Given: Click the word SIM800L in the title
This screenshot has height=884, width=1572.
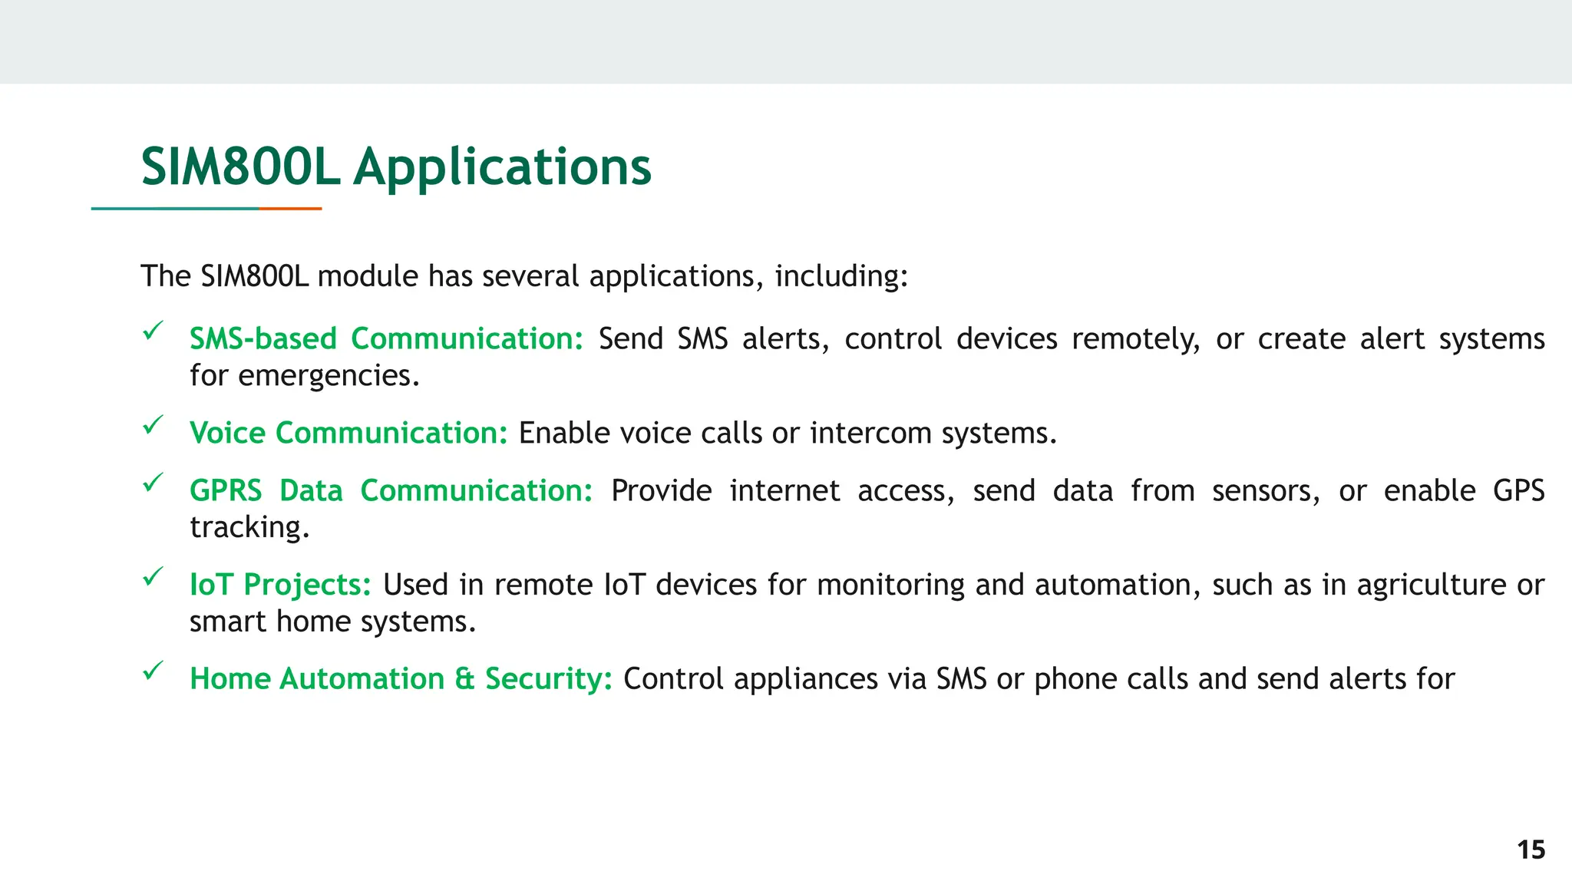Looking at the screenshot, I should pos(239,167).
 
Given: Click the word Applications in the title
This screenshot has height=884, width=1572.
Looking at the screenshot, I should pos(502,168).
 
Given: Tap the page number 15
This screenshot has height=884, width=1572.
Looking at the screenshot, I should pos(1531,849).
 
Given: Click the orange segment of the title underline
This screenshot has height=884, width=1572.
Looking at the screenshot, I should pos(290,208).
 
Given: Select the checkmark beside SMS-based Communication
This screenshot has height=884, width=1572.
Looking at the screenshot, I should pos(154,331).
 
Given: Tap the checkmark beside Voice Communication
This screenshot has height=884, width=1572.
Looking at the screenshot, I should pos(154,425).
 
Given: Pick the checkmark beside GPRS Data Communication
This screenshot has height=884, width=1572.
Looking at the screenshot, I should pos(154,483).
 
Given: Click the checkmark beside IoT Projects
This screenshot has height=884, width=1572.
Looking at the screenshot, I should pos(154,576).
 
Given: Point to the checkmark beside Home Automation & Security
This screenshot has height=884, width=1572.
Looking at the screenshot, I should pos(154,671).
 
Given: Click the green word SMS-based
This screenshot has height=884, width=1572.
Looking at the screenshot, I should pos(263,338).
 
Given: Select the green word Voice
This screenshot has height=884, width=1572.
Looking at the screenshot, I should pos(227,433).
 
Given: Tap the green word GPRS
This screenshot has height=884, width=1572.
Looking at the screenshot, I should pos(226,490).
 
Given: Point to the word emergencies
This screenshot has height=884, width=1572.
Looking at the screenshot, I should pos(328,375).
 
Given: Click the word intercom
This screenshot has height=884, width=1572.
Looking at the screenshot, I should pos(870,433).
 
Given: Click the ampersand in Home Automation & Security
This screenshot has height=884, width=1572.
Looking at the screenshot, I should pos(464,679).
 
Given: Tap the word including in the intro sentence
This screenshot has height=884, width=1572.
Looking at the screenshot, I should pos(840,276).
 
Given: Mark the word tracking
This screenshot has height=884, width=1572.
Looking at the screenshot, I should pos(249,527).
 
